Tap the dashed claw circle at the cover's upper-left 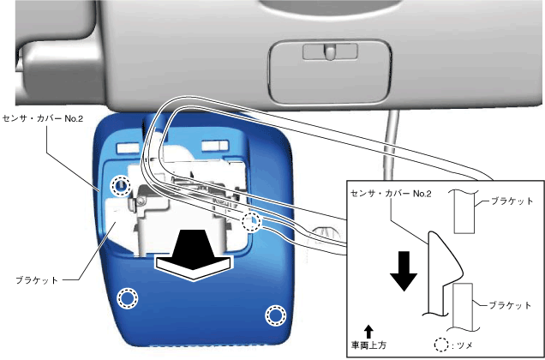pos(121,185)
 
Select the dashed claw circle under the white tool pos(251,223)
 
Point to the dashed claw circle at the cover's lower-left pos(127,297)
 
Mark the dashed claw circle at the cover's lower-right pos(275,315)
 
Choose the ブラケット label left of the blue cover pos(38,279)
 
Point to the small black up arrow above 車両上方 pos(368,330)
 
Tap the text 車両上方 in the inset pos(369,345)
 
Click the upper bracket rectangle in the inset pos(464,210)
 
